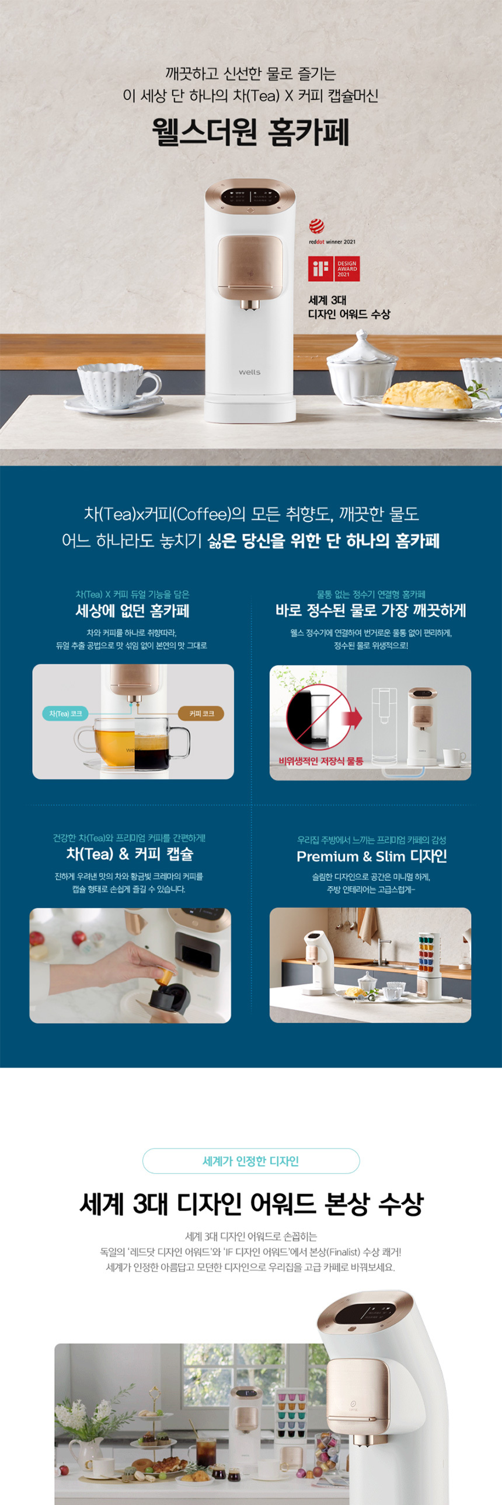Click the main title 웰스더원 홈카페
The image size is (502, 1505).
click(250, 132)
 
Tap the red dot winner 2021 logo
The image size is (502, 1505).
click(332, 232)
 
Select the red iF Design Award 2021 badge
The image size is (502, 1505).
click(334, 269)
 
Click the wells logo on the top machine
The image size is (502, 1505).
click(249, 372)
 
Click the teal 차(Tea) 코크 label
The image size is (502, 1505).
click(65, 713)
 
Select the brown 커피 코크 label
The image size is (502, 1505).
click(201, 713)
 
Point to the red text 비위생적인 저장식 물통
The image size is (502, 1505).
click(321, 761)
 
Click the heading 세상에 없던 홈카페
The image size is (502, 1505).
click(133, 611)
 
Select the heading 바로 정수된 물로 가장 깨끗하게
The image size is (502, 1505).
click(371, 611)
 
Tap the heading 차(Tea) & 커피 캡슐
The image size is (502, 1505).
click(130, 854)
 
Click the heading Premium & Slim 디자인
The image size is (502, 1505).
click(372, 856)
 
